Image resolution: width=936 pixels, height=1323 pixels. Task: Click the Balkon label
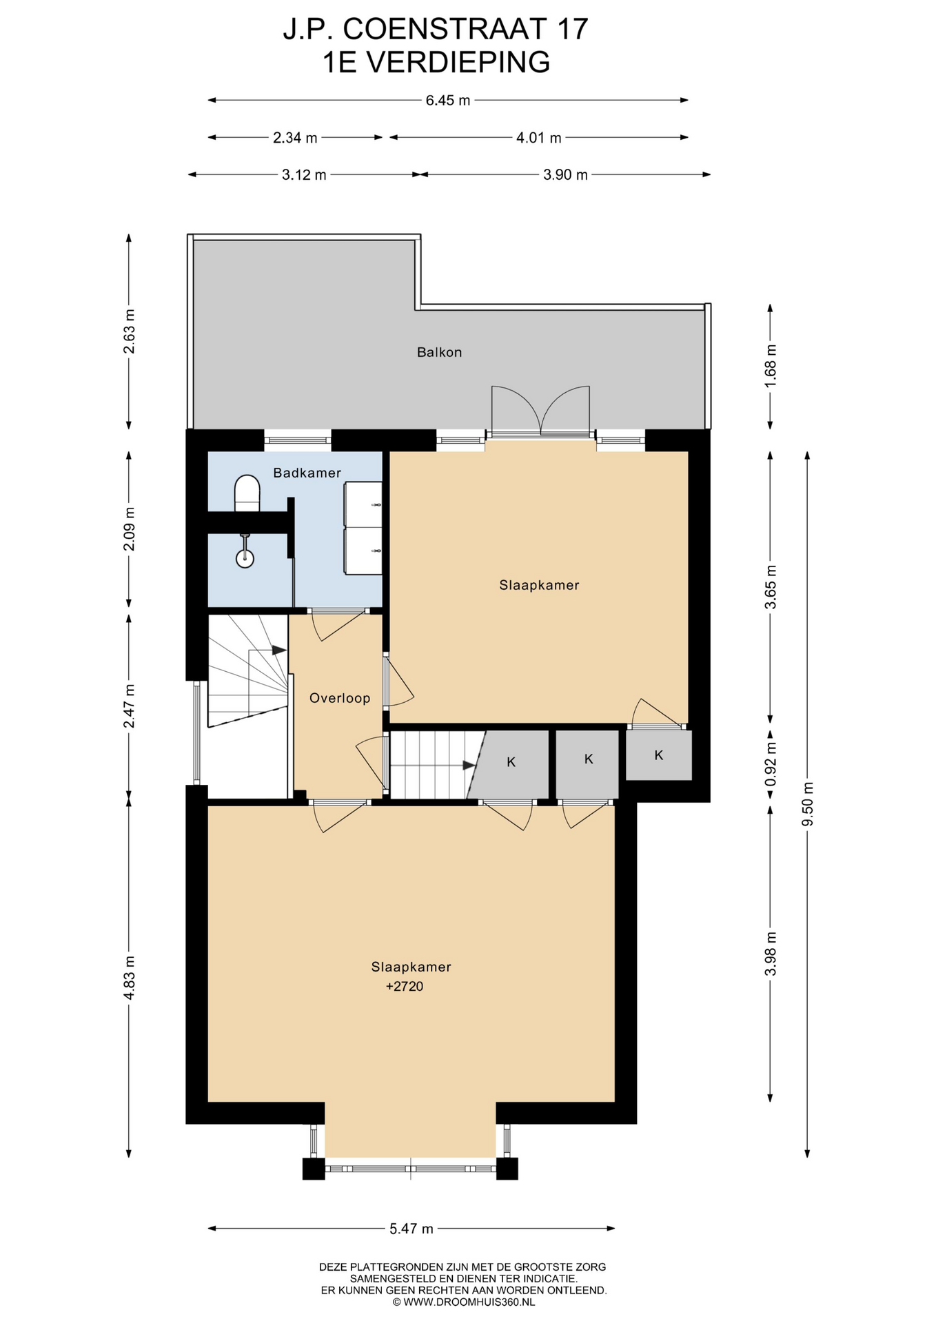pos(439,352)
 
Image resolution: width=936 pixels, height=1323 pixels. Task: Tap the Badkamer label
pos(307,473)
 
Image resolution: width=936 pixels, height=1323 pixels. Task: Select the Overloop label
pos(340,698)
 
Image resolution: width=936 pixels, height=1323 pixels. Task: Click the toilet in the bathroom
pos(247,493)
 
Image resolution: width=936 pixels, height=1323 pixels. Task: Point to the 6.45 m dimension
pos(448,101)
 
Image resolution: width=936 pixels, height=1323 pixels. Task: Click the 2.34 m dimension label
pos(295,138)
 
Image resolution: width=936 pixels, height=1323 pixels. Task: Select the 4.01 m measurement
pos(539,138)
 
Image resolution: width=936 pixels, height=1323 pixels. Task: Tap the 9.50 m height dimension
pos(808,804)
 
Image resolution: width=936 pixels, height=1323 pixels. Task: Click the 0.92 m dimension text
pos(771,763)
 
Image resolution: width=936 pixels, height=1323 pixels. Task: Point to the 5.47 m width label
pos(411,1229)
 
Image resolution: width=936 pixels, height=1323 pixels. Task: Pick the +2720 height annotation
pos(405,986)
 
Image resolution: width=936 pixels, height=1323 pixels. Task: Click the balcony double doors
pos(540,411)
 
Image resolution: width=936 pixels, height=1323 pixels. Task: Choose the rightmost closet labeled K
pos(659,755)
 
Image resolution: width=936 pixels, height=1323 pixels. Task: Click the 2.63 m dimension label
pos(129,331)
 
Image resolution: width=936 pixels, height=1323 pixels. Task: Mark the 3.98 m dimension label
pos(771,954)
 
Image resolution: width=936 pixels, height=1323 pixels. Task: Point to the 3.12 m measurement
pos(304,175)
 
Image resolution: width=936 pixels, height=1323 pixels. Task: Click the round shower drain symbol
pos(245,558)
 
